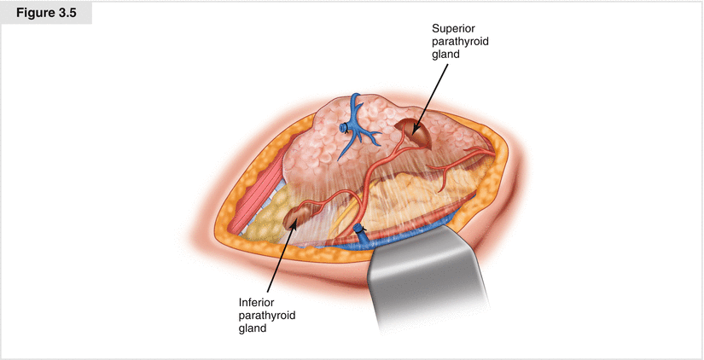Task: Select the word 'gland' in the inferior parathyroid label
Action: (253, 327)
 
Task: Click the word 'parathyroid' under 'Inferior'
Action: (267, 314)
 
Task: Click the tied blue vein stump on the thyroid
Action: (343, 129)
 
